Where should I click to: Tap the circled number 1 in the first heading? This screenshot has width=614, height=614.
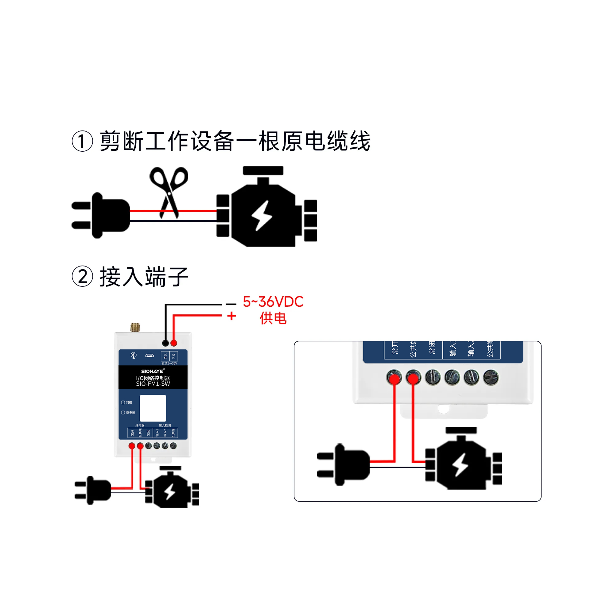pyautogui.click(x=82, y=142)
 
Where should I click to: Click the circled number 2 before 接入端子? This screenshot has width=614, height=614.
pyautogui.click(x=82, y=277)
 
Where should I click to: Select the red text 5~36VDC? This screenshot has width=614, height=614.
pyautogui.click(x=273, y=301)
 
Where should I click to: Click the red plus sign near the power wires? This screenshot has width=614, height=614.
pyautogui.click(x=232, y=316)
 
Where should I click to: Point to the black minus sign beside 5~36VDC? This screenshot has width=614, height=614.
pyautogui.click(x=231, y=304)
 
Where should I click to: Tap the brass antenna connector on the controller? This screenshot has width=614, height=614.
pyautogui.click(x=135, y=327)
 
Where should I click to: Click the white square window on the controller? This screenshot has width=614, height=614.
pyautogui.click(x=153, y=408)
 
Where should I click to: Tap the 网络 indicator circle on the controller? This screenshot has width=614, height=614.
pyautogui.click(x=123, y=402)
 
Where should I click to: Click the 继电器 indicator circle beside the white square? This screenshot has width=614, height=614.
pyautogui.click(x=123, y=413)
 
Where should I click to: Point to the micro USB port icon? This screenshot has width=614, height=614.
pyautogui.click(x=150, y=356)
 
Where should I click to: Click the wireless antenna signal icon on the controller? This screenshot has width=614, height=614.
pyautogui.click(x=134, y=355)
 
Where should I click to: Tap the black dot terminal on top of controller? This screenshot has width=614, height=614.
pyautogui.click(x=165, y=343)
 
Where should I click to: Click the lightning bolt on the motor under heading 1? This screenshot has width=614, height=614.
pyautogui.click(x=262, y=215)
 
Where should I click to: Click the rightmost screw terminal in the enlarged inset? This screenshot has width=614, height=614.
pyautogui.click(x=491, y=377)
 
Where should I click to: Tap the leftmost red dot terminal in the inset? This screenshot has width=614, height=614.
pyautogui.click(x=394, y=378)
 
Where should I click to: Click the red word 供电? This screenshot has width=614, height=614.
pyautogui.click(x=273, y=318)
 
